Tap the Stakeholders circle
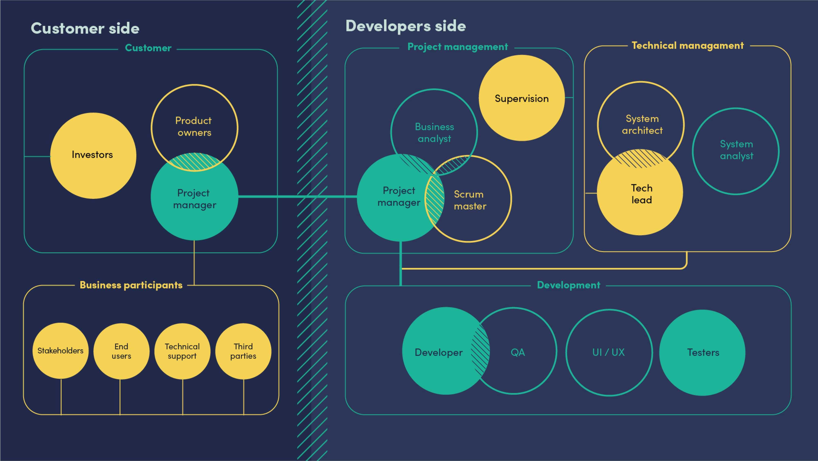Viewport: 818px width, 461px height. click(60, 351)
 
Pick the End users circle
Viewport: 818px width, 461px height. click(121, 351)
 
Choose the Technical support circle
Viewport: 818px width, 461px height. click(182, 351)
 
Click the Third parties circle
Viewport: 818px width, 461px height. click(243, 351)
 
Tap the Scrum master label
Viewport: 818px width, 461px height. click(470, 200)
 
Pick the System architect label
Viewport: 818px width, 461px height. click(642, 125)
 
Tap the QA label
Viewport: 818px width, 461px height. click(518, 352)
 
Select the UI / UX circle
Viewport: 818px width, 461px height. click(608, 352)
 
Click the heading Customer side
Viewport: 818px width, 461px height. click(85, 28)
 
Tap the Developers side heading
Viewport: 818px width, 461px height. click(405, 26)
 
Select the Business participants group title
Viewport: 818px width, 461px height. click(131, 285)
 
